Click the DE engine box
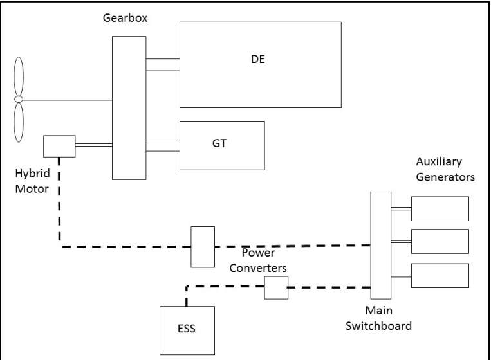pos(260,64)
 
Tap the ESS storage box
pos(187,330)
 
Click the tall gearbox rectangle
pos(129,107)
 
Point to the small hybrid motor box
pos(59,146)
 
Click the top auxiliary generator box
pos(440,208)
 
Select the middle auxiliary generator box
pos(440,241)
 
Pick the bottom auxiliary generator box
pos(440,275)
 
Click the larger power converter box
pos(203,246)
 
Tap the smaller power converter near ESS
pos(276,287)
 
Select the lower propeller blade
pos(18,121)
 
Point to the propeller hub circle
pos(18,98)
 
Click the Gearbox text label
pos(125,18)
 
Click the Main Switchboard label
pos(378,318)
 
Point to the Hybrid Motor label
pos(32,181)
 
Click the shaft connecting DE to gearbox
pos(163,64)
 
